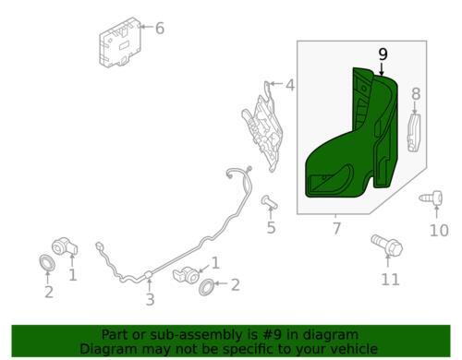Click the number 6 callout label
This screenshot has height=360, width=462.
pos(159,29)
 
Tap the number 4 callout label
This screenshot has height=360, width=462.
pos(289,86)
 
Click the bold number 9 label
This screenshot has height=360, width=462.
pos(382,54)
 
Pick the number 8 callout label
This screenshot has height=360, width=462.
pos(415,93)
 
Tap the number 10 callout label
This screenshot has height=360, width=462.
pos(439,230)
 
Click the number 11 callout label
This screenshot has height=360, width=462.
pos(391,278)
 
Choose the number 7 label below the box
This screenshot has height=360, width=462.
pos(335,227)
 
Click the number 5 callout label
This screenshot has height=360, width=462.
pos(271,228)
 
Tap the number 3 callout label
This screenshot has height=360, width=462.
pos(150,299)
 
